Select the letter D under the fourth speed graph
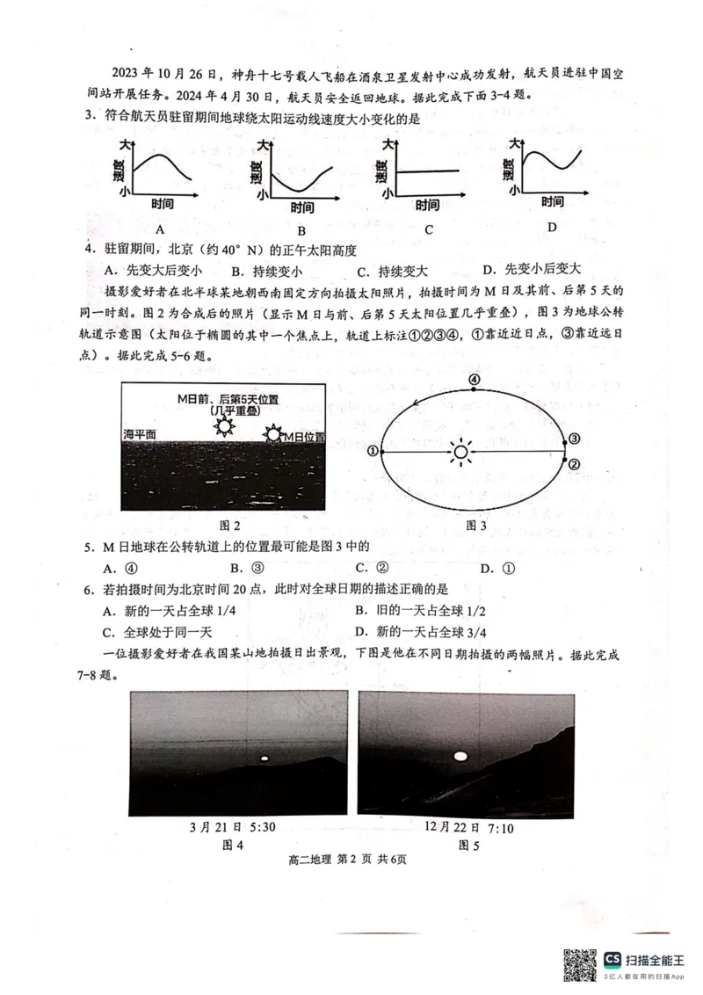pyautogui.click(x=551, y=227)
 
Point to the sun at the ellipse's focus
pyautogui.click(x=460, y=452)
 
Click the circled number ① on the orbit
pyautogui.click(x=373, y=452)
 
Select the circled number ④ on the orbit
pyautogui.click(x=475, y=380)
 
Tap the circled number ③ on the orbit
pyautogui.click(x=575, y=439)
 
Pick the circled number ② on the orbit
pyautogui.click(x=574, y=464)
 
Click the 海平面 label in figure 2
pyautogui.click(x=139, y=435)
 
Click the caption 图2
pyautogui.click(x=230, y=525)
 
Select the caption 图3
pyautogui.click(x=475, y=525)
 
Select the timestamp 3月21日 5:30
pyautogui.click(x=232, y=828)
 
